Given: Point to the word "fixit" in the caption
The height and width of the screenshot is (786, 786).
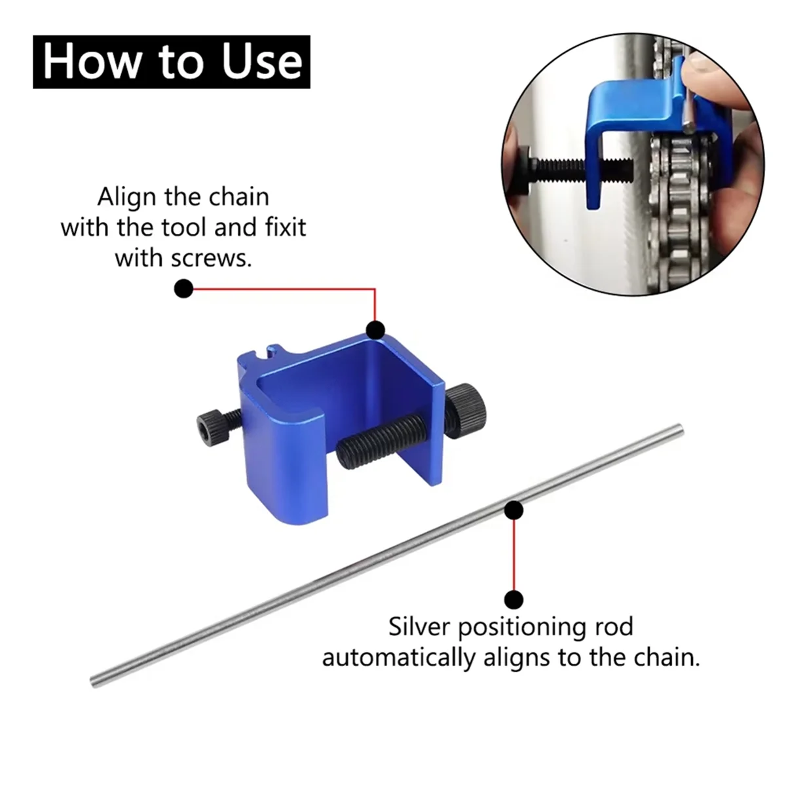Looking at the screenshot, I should [282, 227].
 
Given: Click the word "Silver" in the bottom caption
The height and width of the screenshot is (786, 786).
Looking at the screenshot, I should [419, 627].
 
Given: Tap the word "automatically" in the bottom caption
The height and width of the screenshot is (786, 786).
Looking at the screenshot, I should [399, 657].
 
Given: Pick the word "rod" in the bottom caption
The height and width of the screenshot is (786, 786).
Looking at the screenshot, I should [614, 627].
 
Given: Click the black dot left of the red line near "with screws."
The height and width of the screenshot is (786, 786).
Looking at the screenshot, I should [183, 288].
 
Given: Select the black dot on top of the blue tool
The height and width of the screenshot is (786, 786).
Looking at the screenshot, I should [375, 329].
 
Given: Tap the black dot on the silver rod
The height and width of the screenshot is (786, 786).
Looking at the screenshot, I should [514, 510].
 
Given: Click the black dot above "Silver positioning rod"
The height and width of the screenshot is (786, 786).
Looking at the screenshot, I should [514, 599].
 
